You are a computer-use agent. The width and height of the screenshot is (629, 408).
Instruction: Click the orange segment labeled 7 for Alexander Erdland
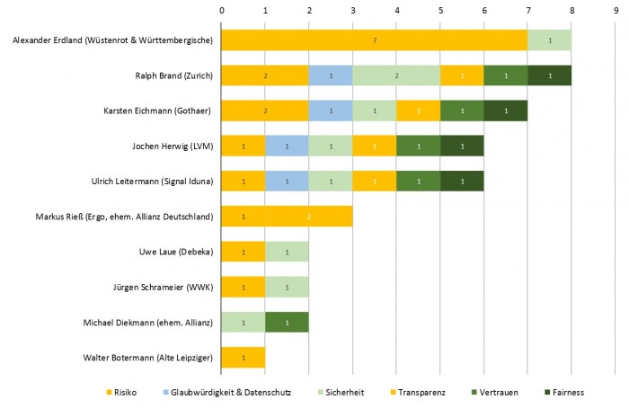pyautogui.click(x=374, y=40)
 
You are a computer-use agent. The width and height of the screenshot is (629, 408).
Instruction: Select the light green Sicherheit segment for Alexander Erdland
pyautogui.click(x=549, y=40)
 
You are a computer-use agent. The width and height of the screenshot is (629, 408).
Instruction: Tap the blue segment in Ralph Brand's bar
pyautogui.click(x=331, y=75)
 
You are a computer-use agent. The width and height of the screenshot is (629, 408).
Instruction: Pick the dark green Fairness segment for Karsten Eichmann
pyautogui.click(x=505, y=111)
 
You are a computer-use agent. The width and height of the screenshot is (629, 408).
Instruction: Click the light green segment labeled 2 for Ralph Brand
pyautogui.click(x=396, y=75)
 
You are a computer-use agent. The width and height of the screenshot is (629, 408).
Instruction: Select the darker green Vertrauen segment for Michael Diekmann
pyautogui.click(x=287, y=322)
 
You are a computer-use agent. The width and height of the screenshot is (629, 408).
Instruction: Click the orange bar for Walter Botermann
pyautogui.click(x=244, y=358)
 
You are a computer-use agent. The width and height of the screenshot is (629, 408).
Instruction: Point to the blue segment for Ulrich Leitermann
pyautogui.click(x=287, y=182)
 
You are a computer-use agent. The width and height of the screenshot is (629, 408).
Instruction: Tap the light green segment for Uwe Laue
pyautogui.click(x=287, y=252)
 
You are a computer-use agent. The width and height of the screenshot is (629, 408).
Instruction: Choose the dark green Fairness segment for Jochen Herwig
pyautogui.click(x=462, y=146)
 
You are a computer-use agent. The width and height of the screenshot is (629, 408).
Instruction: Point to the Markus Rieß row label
pyautogui.click(x=137, y=217)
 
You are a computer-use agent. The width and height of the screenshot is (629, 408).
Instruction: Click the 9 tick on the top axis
pyautogui.click(x=615, y=11)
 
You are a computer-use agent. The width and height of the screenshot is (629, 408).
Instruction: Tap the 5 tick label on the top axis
pyautogui.click(x=440, y=11)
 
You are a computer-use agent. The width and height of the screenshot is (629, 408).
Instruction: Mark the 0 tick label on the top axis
pyautogui.click(x=222, y=11)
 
